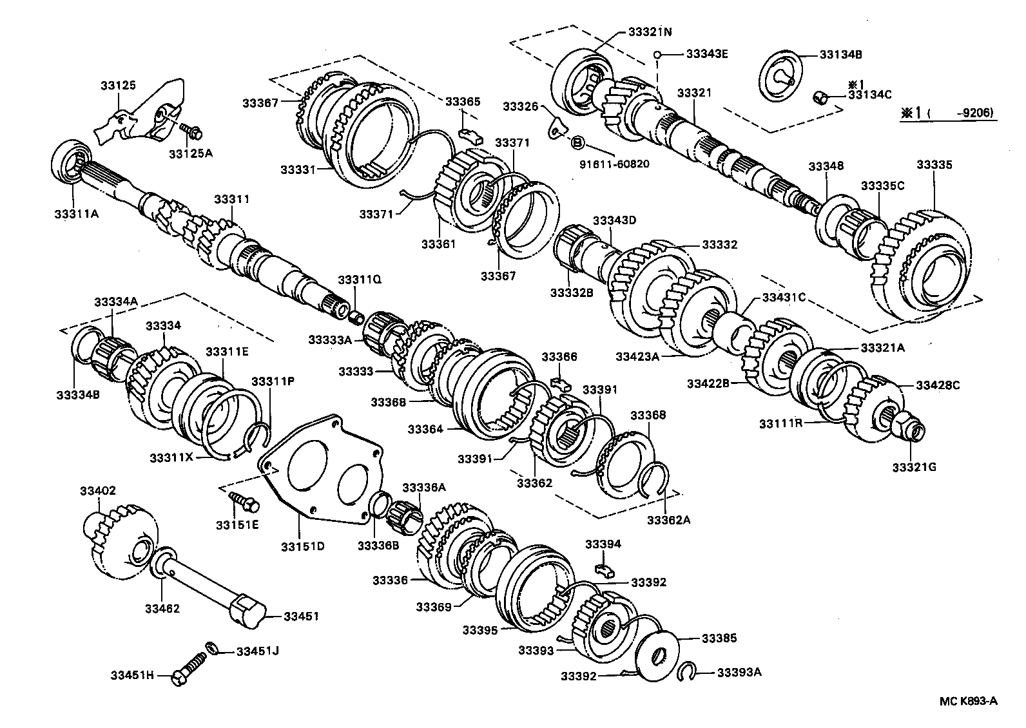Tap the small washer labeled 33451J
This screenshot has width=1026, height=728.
[x=211, y=647]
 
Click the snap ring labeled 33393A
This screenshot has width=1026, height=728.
[x=689, y=673]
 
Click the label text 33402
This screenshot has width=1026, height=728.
[x=98, y=491]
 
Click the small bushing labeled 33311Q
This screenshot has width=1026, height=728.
[x=354, y=318]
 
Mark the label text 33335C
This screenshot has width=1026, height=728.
[x=883, y=186]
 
